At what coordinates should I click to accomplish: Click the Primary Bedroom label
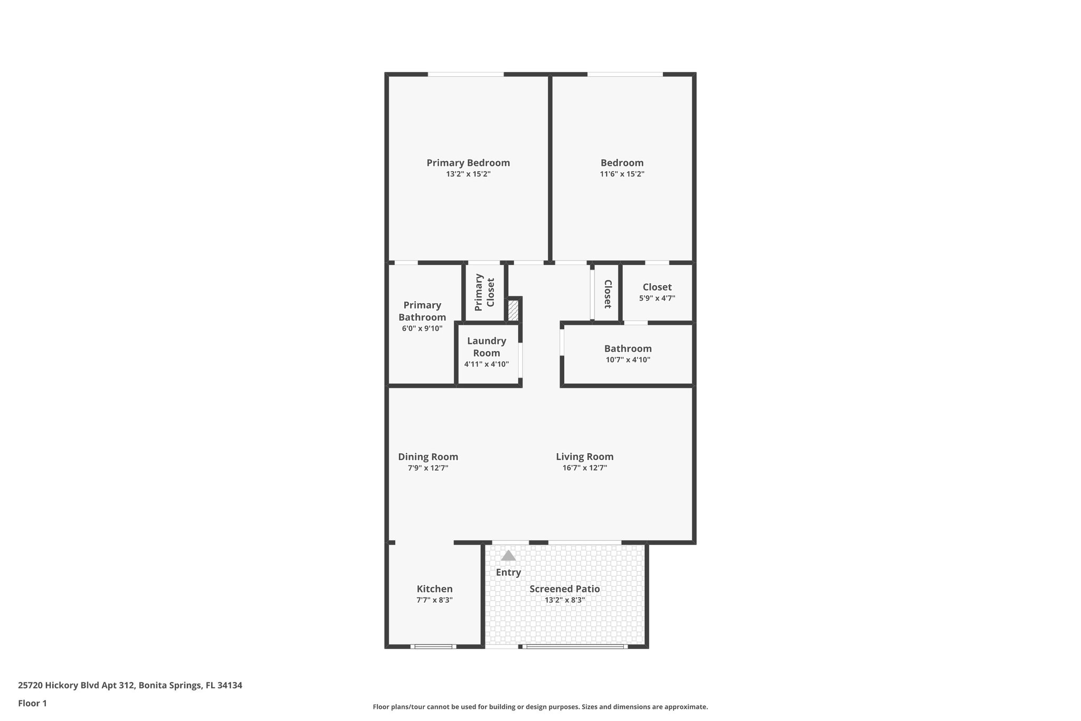pos(468,163)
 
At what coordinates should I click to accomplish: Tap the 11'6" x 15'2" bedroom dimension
pos(622,174)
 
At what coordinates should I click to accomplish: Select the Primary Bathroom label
pos(422,311)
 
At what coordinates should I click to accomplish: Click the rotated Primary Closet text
pos(485,292)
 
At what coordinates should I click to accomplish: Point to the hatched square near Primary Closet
pos(513,310)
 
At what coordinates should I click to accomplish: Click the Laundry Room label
pos(486,347)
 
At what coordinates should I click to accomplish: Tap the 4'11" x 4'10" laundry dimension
pos(486,364)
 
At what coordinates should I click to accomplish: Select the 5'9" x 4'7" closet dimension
pos(657,298)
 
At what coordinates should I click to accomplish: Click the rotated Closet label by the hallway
pos(607,294)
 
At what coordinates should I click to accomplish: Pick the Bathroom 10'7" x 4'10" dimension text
pos(628,360)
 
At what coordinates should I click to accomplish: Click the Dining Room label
pos(428,457)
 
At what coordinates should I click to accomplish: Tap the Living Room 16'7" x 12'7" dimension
pos(584,468)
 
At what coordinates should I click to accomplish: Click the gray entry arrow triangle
pos(508,556)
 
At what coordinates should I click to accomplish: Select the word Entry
pos(508,572)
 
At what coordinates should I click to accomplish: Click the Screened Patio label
pos(564,589)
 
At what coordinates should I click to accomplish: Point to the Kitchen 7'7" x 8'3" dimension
pos(434,600)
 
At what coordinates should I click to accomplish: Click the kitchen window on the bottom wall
pos(433,646)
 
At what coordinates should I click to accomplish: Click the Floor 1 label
pos(32,704)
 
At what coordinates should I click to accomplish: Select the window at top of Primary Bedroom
pos(466,74)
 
